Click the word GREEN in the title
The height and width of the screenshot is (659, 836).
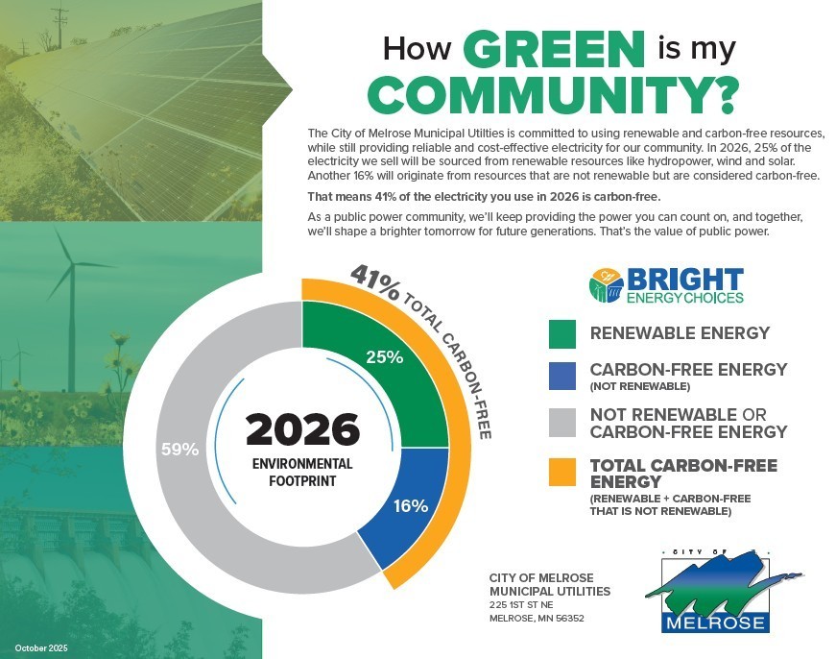click(x=553, y=48)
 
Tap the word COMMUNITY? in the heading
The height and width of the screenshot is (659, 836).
click(x=554, y=94)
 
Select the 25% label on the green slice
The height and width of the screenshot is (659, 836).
click(x=384, y=356)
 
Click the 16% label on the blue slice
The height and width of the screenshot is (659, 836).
click(x=411, y=505)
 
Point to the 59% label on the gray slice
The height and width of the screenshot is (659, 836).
click(x=179, y=449)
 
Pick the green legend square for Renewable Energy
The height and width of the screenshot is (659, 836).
click(x=561, y=333)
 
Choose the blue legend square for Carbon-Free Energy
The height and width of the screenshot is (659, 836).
click(x=561, y=376)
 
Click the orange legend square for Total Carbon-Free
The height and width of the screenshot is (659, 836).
click(x=561, y=473)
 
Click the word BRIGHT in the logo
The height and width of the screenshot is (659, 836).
click(x=684, y=280)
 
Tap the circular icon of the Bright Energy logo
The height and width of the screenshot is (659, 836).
click(x=606, y=285)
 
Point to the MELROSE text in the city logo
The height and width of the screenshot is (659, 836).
click(x=715, y=622)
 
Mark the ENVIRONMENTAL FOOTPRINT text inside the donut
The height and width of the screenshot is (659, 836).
click(x=301, y=472)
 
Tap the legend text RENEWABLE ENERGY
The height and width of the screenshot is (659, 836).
click(x=680, y=333)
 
